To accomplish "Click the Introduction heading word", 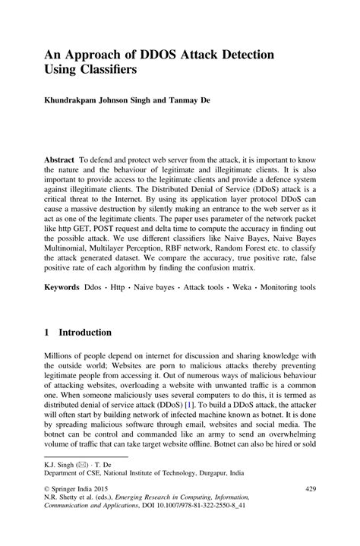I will click(x=85, y=333).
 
